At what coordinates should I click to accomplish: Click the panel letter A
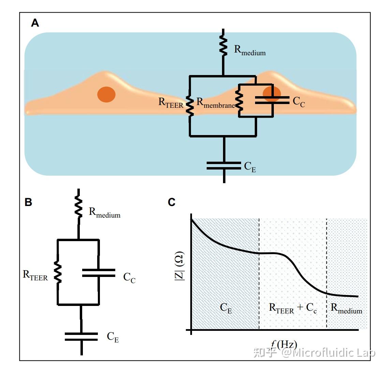pyautogui.click(x=35, y=23)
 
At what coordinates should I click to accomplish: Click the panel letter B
pyautogui.click(x=28, y=202)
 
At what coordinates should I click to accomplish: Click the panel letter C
pyautogui.click(x=172, y=202)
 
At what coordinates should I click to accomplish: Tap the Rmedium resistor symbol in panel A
pyautogui.click(x=223, y=46)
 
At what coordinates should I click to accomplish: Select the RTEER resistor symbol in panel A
pyautogui.click(x=190, y=106)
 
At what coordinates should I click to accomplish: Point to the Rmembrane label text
pyautogui.click(x=216, y=103)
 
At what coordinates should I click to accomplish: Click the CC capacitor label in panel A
pyautogui.click(x=299, y=102)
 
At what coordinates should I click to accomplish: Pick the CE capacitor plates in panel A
pyautogui.click(x=224, y=165)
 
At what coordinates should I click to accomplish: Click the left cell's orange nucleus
pyautogui.click(x=106, y=94)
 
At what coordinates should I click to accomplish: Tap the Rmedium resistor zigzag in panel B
pyautogui.click(x=78, y=207)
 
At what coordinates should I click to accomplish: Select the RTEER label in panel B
pyautogui.click(x=35, y=276)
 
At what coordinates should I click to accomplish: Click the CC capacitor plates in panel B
pyautogui.click(x=99, y=273)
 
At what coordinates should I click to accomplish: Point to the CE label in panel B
pyautogui.click(x=113, y=337)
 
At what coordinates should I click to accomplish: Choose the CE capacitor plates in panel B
pyautogui.click(x=81, y=337)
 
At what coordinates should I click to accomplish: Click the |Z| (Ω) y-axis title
pyautogui.click(x=179, y=266)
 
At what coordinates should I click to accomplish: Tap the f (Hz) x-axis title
pyautogui.click(x=284, y=344)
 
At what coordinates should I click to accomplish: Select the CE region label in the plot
pyautogui.click(x=226, y=308)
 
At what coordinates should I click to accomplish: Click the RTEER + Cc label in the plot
pyautogui.click(x=293, y=308)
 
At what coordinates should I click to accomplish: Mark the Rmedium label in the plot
pyautogui.click(x=346, y=308)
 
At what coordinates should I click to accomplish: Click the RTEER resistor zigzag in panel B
pyautogui.click(x=58, y=272)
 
